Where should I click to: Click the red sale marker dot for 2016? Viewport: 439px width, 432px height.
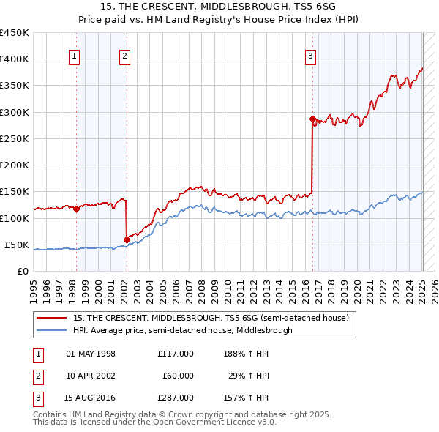(x=312, y=119)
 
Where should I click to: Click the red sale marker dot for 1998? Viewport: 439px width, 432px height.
(x=76, y=209)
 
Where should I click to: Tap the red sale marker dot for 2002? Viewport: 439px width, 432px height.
(x=127, y=239)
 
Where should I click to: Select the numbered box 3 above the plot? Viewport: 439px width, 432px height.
(x=311, y=55)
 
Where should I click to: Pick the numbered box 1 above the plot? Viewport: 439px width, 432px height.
(x=75, y=55)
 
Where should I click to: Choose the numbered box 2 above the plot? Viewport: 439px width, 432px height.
(x=125, y=55)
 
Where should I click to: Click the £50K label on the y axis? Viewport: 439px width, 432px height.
(x=17, y=245)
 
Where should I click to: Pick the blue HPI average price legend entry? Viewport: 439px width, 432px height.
(x=182, y=330)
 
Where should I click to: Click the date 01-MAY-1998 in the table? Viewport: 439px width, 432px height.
(x=91, y=353)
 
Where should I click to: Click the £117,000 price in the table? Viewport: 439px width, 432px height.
(x=176, y=353)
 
